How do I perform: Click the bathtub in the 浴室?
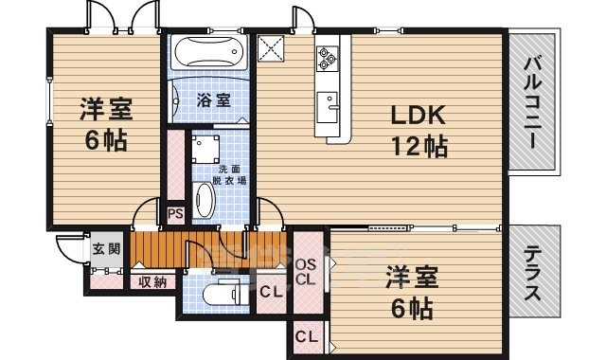210,50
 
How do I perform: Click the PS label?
175,213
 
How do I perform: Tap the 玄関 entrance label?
106,249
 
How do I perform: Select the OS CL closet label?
305,271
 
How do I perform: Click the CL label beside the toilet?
270,292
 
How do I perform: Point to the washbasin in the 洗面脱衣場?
205,198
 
